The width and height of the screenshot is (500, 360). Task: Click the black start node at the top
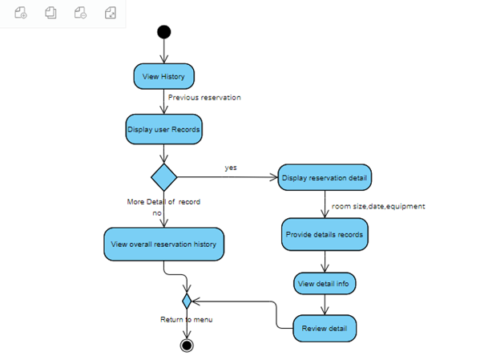(163, 32)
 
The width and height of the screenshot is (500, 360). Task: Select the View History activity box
(163, 76)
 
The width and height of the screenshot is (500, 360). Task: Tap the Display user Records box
(163, 128)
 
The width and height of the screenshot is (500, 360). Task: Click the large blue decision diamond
(163, 177)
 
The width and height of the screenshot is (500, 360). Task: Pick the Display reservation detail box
(325, 177)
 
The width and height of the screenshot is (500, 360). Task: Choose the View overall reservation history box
(163, 244)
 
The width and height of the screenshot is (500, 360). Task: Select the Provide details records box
(325, 235)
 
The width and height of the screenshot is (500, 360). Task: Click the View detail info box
(325, 284)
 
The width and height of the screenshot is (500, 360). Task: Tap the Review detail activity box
(325, 328)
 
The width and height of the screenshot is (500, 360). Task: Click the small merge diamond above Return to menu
(187, 301)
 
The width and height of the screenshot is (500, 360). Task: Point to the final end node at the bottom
(187, 346)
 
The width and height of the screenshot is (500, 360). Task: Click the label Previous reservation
(204, 97)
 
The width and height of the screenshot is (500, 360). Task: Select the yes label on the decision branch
(231, 168)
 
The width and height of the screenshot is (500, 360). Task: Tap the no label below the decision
(157, 213)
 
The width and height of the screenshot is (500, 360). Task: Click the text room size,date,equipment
(378, 206)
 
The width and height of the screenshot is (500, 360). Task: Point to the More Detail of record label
(163, 202)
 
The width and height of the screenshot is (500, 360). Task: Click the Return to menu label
(187, 319)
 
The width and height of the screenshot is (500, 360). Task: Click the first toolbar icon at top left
(21, 14)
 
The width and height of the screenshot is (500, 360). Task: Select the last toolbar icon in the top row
(111, 14)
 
